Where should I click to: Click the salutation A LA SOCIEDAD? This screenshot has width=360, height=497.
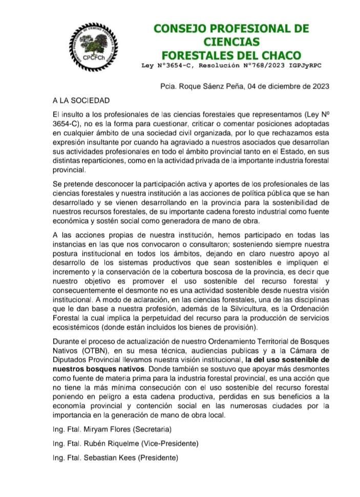(x=81, y=100)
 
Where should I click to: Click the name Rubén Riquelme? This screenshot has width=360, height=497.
(x=115, y=443)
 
